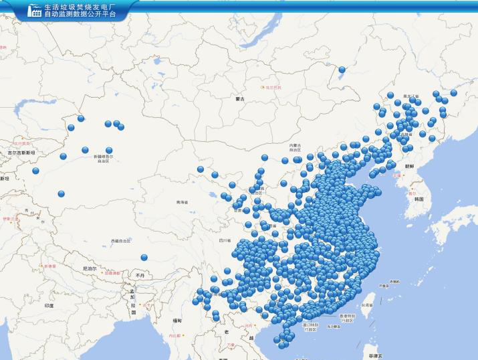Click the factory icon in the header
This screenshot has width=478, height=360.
[x=33, y=10]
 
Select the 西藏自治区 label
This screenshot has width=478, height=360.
[x=121, y=241]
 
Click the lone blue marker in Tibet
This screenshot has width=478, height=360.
[x=144, y=257]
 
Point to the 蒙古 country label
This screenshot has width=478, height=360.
[x=241, y=99]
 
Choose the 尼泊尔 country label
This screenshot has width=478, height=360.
[x=89, y=268]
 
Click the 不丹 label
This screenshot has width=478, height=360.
[x=139, y=275]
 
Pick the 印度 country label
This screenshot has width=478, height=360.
[x=49, y=305]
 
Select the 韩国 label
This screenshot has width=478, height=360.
[x=419, y=199]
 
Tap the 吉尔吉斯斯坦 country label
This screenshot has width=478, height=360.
[x=20, y=153]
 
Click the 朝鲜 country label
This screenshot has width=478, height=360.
[x=407, y=165]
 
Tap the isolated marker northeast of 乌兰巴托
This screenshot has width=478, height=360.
[x=342, y=69]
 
